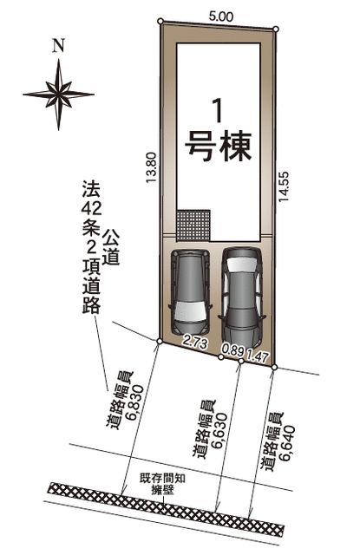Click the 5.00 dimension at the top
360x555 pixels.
[x=220, y=16]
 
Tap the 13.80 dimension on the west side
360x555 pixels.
[x=151, y=167]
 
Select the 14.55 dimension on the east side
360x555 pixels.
[x=284, y=187]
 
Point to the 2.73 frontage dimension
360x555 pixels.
[x=194, y=343]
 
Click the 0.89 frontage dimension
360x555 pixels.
[x=233, y=350]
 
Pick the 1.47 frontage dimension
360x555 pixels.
[x=258, y=356]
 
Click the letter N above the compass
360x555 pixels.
[x=58, y=46]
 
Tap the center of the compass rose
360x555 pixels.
[x=58, y=95]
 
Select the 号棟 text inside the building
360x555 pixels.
[x=219, y=147]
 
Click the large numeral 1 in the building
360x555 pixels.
[x=219, y=111]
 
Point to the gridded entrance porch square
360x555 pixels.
[x=193, y=225]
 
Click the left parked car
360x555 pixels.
[x=191, y=291]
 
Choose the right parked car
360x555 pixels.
[x=242, y=297]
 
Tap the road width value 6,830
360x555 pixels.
[x=136, y=402]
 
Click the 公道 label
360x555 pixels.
[x=110, y=246]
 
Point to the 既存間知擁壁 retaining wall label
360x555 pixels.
[x=163, y=484]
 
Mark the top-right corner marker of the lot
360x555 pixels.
[x=276, y=29]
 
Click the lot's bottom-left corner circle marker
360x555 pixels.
[x=160, y=341]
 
